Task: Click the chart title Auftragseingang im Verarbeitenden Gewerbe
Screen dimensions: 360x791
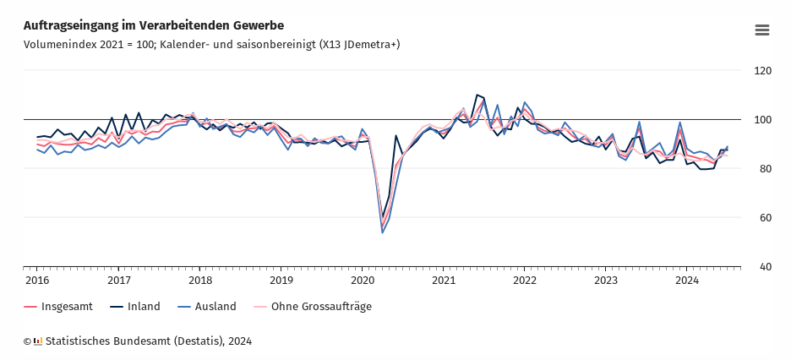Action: point(154,25)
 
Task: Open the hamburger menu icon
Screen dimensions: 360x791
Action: point(761,30)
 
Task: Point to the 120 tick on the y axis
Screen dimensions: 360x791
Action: point(762,71)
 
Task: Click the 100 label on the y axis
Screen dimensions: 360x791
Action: point(762,120)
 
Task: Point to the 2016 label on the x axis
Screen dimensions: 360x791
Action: point(37,280)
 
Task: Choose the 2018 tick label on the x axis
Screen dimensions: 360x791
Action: point(199,280)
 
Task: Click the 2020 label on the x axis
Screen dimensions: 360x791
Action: point(362,280)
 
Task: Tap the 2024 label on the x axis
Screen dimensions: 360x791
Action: point(686,280)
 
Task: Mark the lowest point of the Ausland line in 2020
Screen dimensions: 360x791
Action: point(383,232)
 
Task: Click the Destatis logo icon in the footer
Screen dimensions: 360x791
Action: point(38,341)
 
